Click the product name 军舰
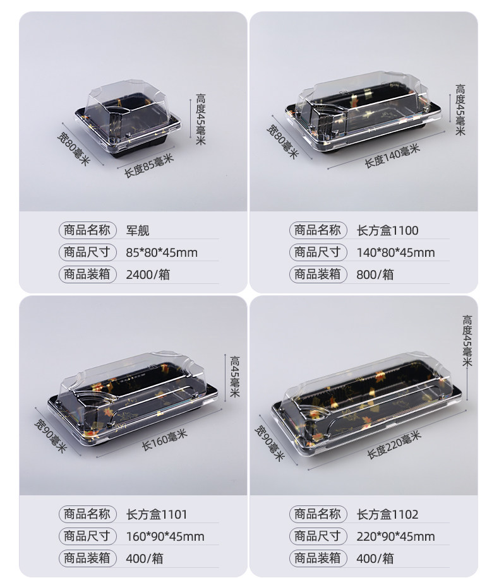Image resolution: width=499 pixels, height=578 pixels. (x=137, y=231)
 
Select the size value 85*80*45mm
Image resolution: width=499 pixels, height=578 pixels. (x=162, y=253)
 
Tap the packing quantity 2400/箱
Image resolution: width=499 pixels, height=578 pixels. (x=148, y=274)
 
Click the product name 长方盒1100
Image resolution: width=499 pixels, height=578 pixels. (x=387, y=231)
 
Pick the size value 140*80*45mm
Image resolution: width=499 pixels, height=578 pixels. (x=395, y=253)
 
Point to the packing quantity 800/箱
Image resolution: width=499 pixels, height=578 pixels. (x=375, y=274)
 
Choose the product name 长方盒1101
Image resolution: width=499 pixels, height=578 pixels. (x=157, y=515)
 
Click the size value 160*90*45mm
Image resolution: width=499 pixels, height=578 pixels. (x=165, y=537)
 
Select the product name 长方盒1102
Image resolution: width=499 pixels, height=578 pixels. (x=387, y=515)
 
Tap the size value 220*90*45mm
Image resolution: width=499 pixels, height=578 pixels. (x=395, y=537)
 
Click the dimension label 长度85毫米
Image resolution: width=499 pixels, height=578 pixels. (x=148, y=166)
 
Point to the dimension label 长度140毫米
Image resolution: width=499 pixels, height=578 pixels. (x=392, y=156)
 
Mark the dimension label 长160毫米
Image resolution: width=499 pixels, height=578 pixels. (x=165, y=440)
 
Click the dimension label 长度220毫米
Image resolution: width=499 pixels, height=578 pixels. (x=394, y=445)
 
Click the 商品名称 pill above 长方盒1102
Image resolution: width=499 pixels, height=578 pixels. (x=318, y=514)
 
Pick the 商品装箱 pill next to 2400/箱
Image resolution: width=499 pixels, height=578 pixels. (x=87, y=274)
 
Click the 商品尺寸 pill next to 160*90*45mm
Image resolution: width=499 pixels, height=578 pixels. (x=87, y=536)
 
